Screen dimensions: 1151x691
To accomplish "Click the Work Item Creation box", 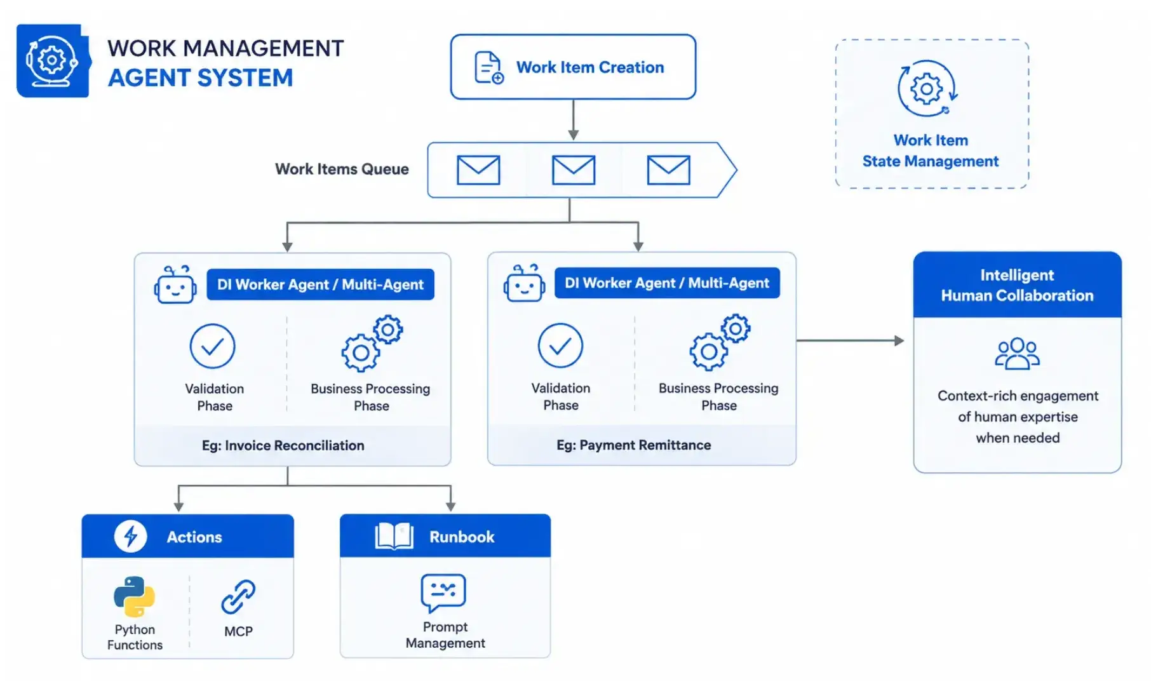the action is pyautogui.click(x=573, y=67).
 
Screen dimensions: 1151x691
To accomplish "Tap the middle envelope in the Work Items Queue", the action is pyautogui.click(x=574, y=170).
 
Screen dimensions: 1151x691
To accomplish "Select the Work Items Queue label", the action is pyautogui.click(x=342, y=169).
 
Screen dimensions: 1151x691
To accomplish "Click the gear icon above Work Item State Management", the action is pyautogui.click(x=927, y=88).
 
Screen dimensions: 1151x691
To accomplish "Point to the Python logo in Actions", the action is pyautogui.click(x=134, y=596).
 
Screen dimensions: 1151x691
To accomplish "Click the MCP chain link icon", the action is pyautogui.click(x=238, y=596).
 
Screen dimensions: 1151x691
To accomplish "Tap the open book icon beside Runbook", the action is pyautogui.click(x=394, y=536).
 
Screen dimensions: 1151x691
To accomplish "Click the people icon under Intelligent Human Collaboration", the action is pyautogui.click(x=1017, y=354).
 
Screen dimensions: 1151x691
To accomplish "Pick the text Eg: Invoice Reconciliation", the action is pyautogui.click(x=283, y=445).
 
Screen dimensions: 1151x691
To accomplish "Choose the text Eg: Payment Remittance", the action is pyautogui.click(x=634, y=445).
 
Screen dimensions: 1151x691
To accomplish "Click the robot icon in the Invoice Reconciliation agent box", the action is pyautogui.click(x=175, y=285).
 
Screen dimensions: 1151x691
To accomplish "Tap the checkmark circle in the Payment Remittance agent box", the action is pyautogui.click(x=560, y=345).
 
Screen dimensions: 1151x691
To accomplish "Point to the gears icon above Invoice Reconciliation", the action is pyautogui.click(x=372, y=343).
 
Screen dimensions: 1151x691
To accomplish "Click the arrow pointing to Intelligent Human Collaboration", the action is pyautogui.click(x=851, y=340).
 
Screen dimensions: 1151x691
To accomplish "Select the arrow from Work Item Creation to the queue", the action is pyautogui.click(x=573, y=120).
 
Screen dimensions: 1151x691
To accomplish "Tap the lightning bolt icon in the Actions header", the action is pyautogui.click(x=131, y=536).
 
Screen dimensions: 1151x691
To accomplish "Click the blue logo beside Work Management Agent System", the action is pyautogui.click(x=53, y=61).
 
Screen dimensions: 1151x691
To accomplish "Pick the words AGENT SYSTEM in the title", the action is pyautogui.click(x=201, y=78).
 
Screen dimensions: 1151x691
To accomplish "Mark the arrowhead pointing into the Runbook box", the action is pyautogui.click(x=450, y=506).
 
